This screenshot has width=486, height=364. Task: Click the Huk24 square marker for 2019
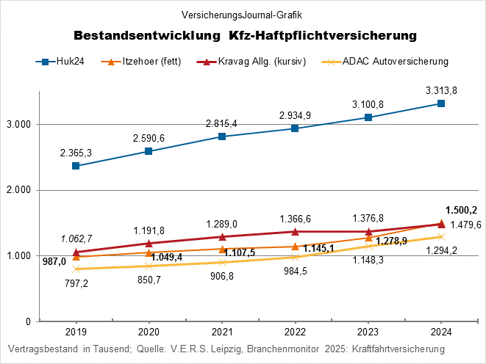76,166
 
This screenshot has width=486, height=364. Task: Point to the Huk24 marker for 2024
441,103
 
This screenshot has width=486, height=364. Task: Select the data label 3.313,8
441,90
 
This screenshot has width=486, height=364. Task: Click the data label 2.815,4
222,123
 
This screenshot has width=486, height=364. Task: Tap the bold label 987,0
54,261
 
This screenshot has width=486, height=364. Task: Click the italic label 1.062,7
76,239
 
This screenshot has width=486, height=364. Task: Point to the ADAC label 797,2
76,283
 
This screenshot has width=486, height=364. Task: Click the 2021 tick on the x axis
222,331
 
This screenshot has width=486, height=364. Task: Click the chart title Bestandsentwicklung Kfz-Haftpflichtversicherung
246,35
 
